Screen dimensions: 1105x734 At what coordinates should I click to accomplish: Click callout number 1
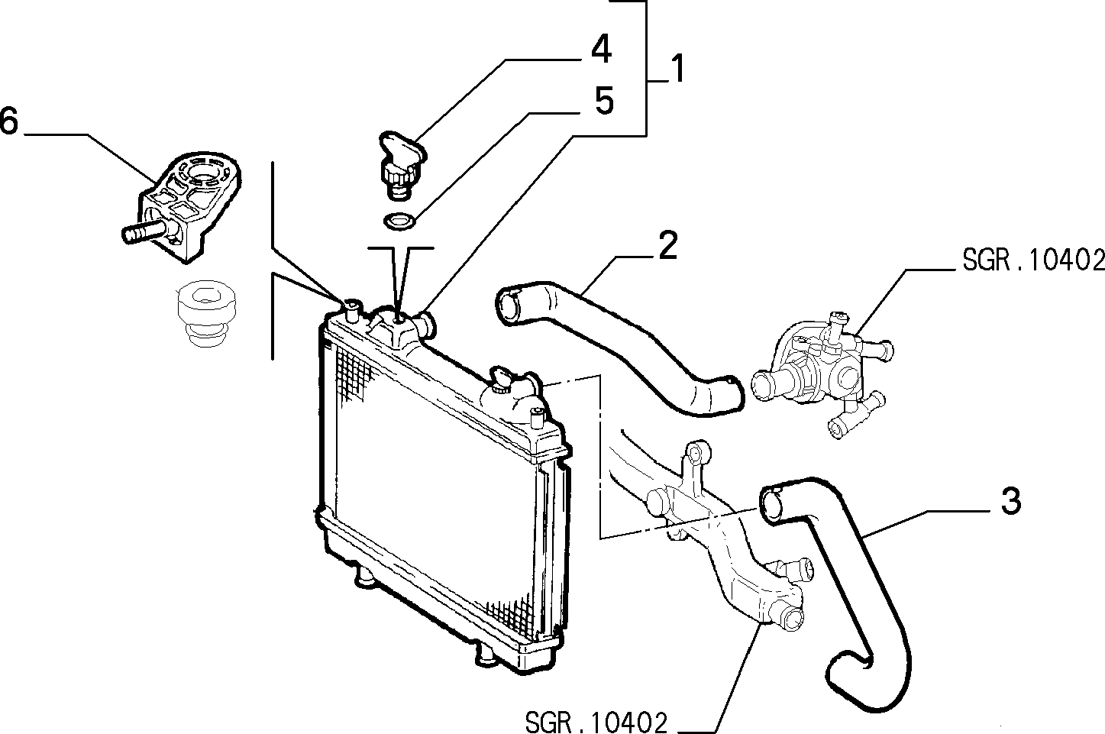coord(678,69)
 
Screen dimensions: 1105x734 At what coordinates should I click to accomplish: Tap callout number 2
coord(668,245)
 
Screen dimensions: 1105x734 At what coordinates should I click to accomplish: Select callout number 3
coord(1010,501)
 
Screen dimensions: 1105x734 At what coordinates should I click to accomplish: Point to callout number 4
coord(601,49)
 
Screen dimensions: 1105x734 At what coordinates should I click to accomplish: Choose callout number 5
coord(604,101)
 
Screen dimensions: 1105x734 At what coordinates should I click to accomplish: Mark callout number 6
coord(8,121)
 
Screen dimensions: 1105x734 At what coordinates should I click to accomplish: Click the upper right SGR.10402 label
coord(1033,260)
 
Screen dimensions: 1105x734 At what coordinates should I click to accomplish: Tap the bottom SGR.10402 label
coord(596,723)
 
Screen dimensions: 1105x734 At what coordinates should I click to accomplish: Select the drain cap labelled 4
coord(402,165)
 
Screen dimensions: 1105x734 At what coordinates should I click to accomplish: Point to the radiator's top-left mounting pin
coord(352,310)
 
